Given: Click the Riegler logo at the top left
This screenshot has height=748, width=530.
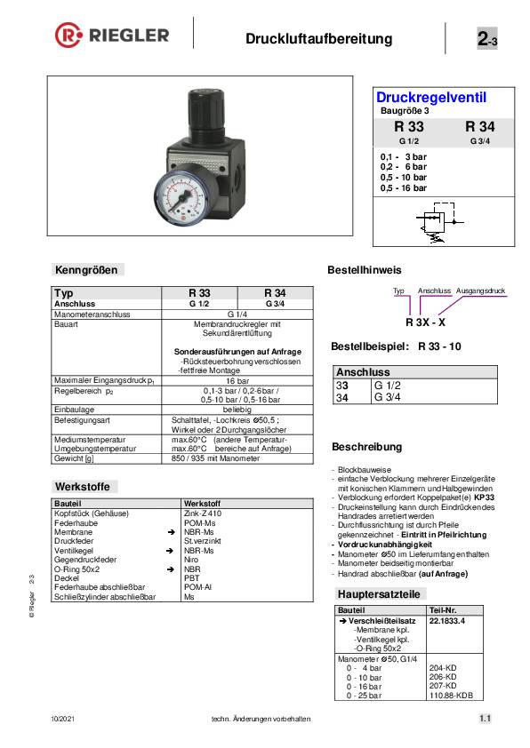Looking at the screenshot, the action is pyautogui.click(x=112, y=36).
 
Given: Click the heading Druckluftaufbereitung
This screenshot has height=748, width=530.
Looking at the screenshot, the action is pyautogui.click(x=318, y=39).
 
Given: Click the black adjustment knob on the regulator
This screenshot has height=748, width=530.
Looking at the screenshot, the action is pyautogui.click(x=200, y=112).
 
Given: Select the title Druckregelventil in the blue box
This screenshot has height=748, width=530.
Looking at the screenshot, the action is pyautogui.click(x=431, y=98).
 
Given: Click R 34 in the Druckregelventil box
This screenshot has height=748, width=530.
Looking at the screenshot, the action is pyautogui.click(x=479, y=127).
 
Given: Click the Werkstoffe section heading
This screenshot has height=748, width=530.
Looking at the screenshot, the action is pyautogui.click(x=84, y=487).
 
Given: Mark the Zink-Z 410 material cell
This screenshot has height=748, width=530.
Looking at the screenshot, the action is pyautogui.click(x=203, y=513).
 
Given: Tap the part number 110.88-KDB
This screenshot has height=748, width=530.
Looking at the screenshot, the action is pyautogui.click(x=451, y=696).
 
